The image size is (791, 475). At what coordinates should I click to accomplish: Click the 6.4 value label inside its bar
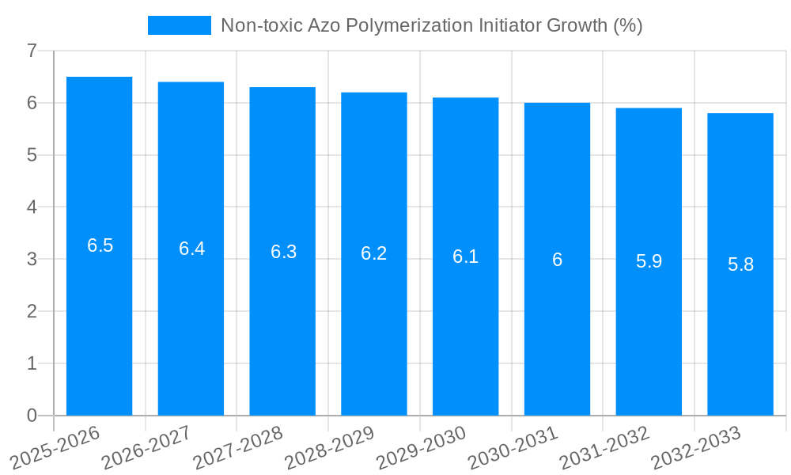coord(191,249)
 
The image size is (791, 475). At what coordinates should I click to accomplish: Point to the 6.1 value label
coord(465,256)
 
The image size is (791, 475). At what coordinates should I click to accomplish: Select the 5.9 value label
coord(649,261)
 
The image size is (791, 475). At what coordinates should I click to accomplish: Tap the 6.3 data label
coord(283,252)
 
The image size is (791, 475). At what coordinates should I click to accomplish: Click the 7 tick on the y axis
coord(32,51)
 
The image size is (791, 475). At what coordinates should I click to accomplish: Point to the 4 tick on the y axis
coord(32,207)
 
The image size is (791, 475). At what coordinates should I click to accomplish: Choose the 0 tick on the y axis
coord(32,416)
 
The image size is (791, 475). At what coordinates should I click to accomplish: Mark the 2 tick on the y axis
coord(32,312)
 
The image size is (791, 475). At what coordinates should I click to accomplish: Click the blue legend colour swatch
coord(180,25)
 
